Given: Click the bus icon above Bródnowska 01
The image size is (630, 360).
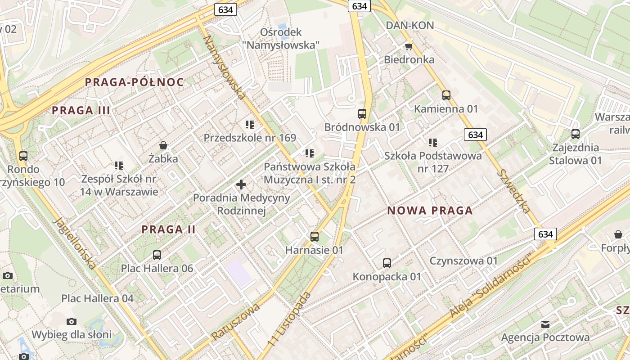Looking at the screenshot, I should pos(362,114).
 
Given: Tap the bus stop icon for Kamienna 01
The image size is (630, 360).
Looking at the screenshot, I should pos(446,95).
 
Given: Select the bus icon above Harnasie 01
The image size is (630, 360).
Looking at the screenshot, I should pos(315,237).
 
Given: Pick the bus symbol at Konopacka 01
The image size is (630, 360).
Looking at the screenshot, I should pos(387,263).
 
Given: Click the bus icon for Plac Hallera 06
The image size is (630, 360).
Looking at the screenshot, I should pos(157,255).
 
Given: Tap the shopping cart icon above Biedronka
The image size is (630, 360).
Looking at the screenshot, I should pos(409,46).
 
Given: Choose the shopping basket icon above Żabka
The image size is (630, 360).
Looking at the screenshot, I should pos(163,145).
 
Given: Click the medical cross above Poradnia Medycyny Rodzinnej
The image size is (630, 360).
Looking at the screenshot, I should pos(241,184).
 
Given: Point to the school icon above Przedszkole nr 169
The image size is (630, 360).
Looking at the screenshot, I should pos(250,125).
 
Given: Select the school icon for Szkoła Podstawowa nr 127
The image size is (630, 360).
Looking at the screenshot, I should pos(433,143).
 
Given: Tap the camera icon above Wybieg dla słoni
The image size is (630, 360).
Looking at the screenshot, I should pos(72,321).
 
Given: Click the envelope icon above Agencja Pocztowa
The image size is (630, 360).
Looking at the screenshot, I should pos(545,324).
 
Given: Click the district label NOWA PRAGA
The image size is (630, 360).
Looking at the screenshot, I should pos(430,211).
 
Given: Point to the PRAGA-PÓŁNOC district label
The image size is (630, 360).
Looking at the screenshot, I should pos(134,82).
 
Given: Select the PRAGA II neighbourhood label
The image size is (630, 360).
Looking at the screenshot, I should pos(169,229).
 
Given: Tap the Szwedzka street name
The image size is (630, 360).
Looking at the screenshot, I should pos(514,191).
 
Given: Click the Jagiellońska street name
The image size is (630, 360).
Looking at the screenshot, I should pos(75,243).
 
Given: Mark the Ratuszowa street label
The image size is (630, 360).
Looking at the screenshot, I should pos(236,321).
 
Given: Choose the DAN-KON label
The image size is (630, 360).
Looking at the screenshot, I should pos(409,25).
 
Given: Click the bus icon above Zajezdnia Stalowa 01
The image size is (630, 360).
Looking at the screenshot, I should pos(575,134).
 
